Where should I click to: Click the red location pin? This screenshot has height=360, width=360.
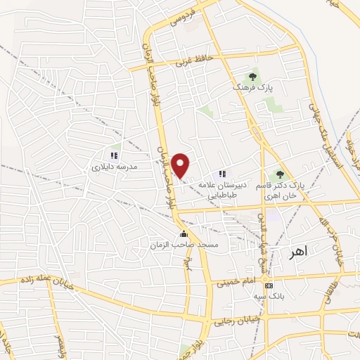pyautogui.click(x=181, y=165)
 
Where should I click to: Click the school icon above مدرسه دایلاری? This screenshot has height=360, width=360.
pyautogui.click(x=113, y=155)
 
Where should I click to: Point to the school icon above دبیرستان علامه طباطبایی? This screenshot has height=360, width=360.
pyautogui.click(x=222, y=174)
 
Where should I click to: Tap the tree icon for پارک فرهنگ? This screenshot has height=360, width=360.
pyautogui.click(x=252, y=77)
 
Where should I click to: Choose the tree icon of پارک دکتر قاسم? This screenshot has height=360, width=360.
pyautogui.click(x=280, y=174)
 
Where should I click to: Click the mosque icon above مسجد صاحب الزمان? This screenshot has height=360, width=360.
pyautogui.click(x=184, y=233)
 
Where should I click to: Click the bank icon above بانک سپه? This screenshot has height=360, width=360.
pyautogui.click(x=269, y=285)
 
